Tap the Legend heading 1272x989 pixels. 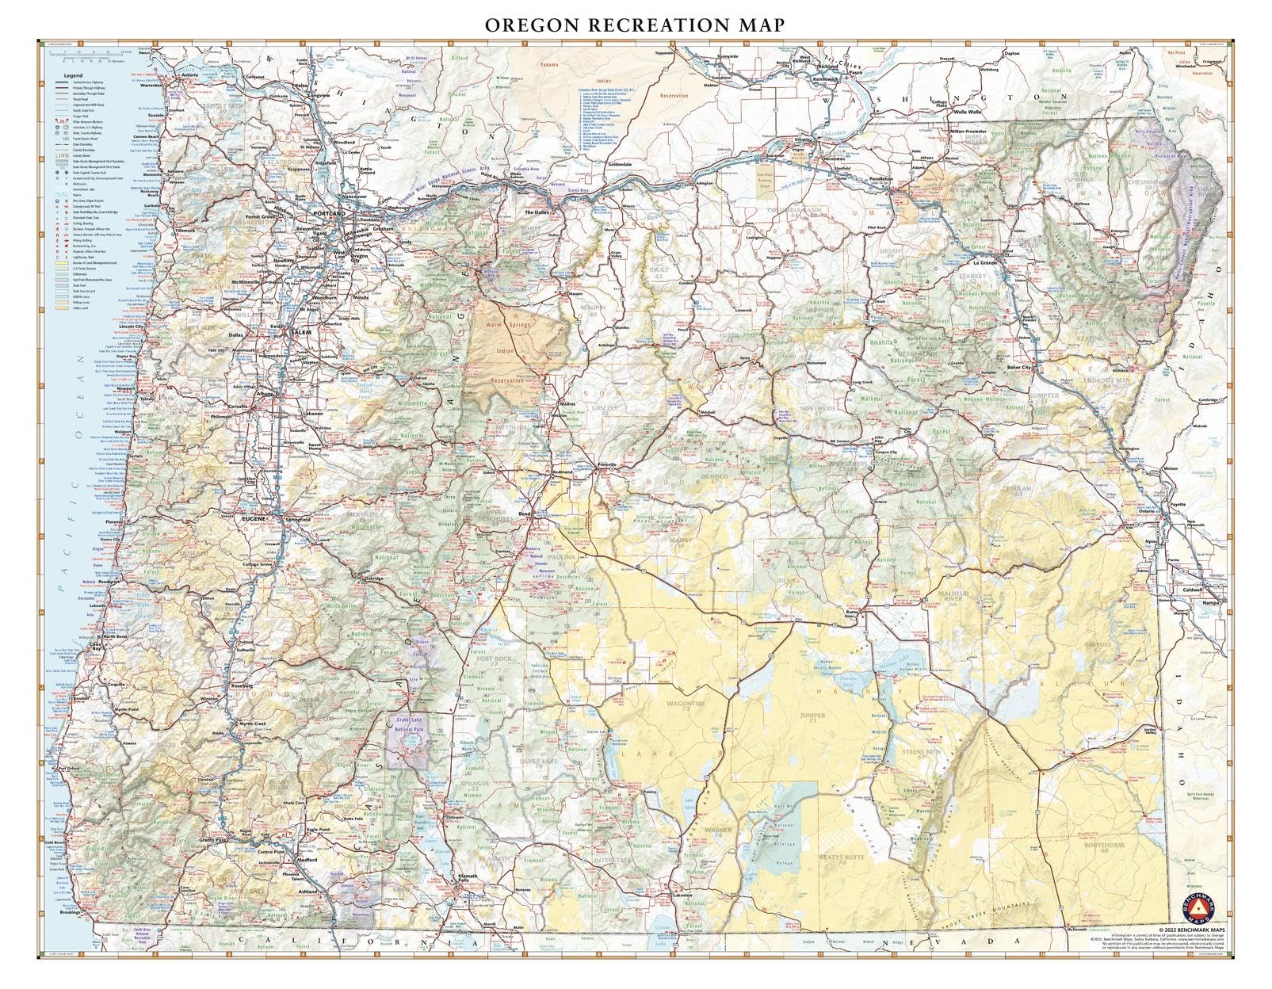click(73, 74)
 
